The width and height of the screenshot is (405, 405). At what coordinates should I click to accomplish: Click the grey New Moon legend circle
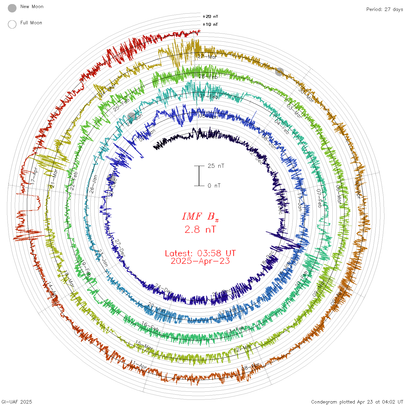12,8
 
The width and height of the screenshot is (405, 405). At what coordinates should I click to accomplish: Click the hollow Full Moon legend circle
12,24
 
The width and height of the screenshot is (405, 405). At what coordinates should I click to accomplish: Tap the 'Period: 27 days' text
384,9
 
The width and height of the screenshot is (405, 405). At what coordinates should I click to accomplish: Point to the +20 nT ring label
210,16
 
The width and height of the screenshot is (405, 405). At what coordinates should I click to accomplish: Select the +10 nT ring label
210,24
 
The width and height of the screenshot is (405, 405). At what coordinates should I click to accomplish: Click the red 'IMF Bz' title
200,216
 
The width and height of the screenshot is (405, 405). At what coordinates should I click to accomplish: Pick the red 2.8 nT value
200,229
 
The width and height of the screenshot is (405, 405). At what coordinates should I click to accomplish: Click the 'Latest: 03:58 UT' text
200,253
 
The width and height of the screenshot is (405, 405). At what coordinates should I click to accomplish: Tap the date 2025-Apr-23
200,261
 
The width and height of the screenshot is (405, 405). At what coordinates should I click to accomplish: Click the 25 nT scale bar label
216,166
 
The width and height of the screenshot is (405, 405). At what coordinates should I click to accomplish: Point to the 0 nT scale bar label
214,185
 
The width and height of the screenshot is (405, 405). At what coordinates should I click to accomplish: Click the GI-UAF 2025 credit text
16,402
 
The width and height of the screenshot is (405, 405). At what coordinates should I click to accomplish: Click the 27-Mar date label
207,57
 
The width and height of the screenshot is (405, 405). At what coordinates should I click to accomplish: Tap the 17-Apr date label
34,176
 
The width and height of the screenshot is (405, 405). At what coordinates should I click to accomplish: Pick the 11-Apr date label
139,365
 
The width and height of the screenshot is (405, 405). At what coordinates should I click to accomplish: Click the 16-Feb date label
150,327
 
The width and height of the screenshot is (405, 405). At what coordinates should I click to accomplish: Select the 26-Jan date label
93,184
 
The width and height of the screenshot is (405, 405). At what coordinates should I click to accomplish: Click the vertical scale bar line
199,176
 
